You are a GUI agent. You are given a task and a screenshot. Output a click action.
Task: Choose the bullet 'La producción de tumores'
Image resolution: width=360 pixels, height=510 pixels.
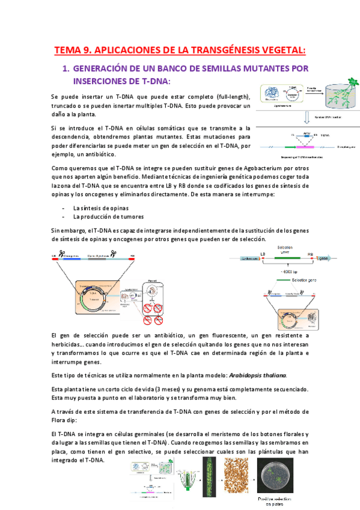pyautogui.click(x=108, y=217)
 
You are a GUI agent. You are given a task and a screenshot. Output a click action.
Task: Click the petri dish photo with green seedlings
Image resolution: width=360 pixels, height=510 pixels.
pyautogui.click(x=278, y=478)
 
